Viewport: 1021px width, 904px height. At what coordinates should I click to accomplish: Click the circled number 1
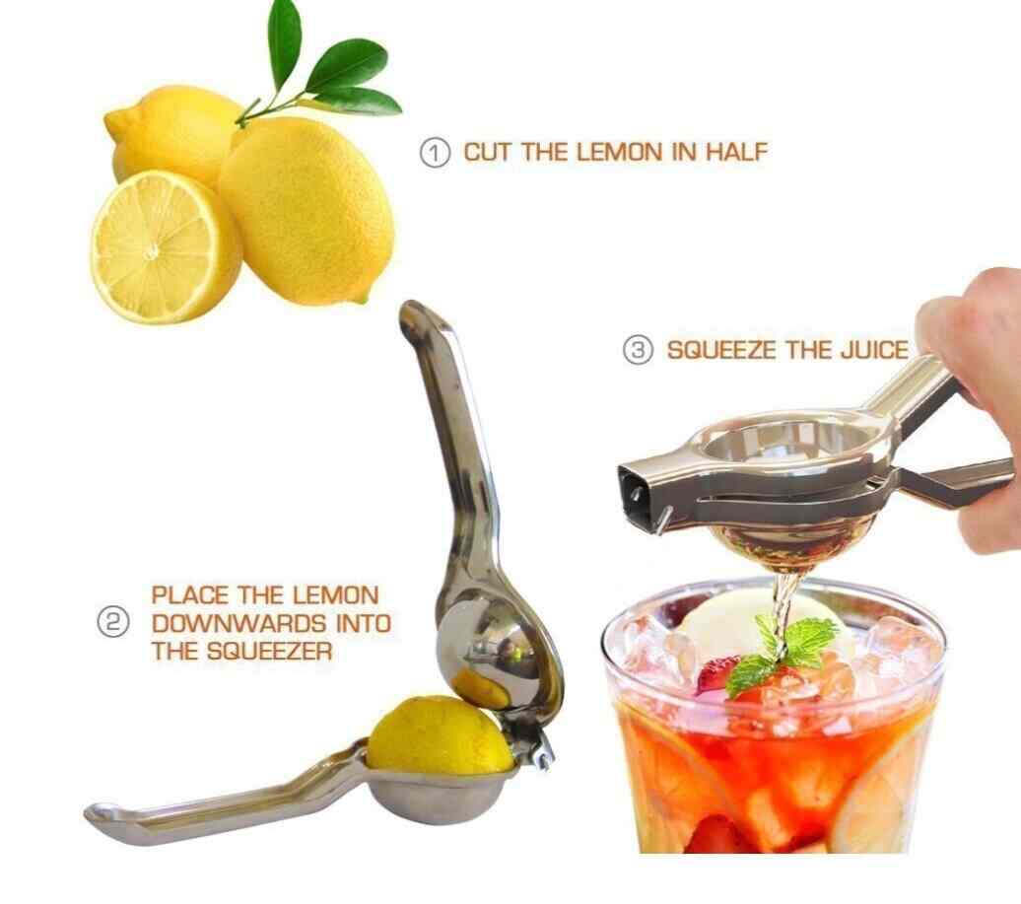pyautogui.click(x=435, y=153)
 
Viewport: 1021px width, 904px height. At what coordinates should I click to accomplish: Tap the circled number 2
pyautogui.click(x=112, y=623)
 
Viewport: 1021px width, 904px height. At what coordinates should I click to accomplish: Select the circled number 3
pyautogui.click(x=639, y=350)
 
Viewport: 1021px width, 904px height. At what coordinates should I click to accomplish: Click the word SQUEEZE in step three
pyautogui.click(x=722, y=350)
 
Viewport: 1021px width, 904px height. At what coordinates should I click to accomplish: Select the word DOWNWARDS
pyautogui.click(x=238, y=623)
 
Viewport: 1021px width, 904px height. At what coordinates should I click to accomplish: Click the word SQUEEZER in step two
pyautogui.click(x=270, y=651)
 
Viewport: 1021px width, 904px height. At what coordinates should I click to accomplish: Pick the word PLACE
pyautogui.click(x=191, y=595)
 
